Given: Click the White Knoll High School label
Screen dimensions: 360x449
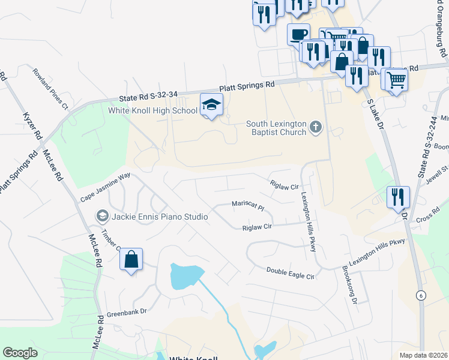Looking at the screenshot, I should tap(152, 110).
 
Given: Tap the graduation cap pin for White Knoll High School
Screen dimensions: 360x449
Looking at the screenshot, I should tap(211, 105).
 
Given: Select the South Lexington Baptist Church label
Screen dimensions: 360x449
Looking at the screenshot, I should tap(276, 128).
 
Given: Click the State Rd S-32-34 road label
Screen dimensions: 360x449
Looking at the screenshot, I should tap(148, 95).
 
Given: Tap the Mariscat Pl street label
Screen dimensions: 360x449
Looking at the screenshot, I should tap(248, 206).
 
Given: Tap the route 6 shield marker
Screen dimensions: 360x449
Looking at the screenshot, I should tap(421, 295).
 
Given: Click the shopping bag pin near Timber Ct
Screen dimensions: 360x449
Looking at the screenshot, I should tap(131, 260).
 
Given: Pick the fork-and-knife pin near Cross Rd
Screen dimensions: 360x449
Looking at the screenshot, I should tap(398, 196).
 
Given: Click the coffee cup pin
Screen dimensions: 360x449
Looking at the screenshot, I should tap(298, 34).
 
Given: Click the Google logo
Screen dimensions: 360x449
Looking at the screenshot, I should tap(20, 353).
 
